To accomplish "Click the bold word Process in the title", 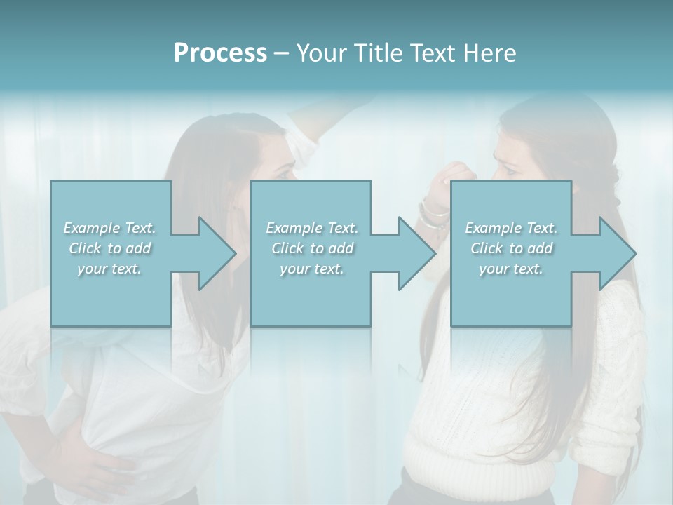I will click(220, 53).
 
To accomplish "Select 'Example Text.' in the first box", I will click(110, 228).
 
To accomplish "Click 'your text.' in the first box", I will click(110, 269).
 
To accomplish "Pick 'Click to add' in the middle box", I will click(312, 248).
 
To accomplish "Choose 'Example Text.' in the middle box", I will click(312, 228).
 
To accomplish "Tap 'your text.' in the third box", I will click(511, 269).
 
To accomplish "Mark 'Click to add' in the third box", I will click(511, 248).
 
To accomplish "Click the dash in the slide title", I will click(281, 53).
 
